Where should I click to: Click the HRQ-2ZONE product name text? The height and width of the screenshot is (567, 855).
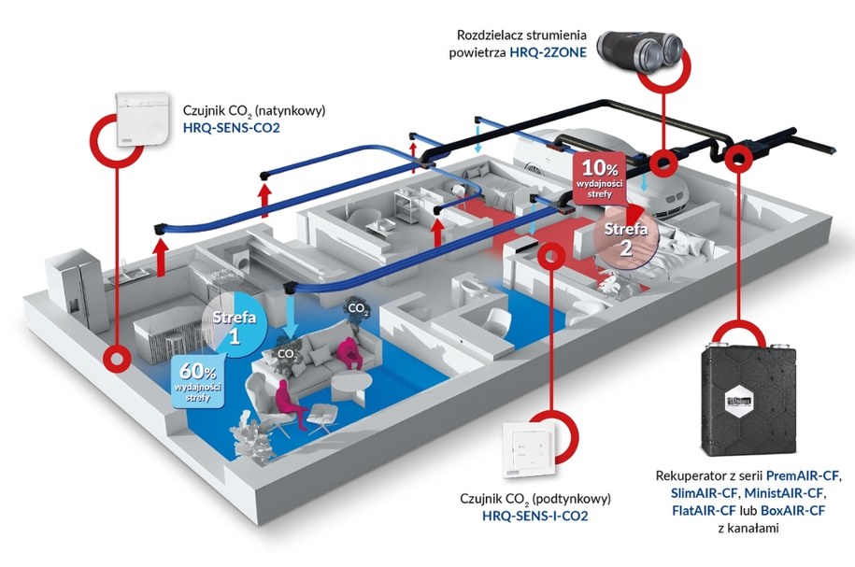tap(549, 53)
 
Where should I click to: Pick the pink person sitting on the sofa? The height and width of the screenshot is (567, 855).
tap(348, 354)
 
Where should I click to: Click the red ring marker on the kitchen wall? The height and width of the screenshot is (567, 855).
tap(117, 356)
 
